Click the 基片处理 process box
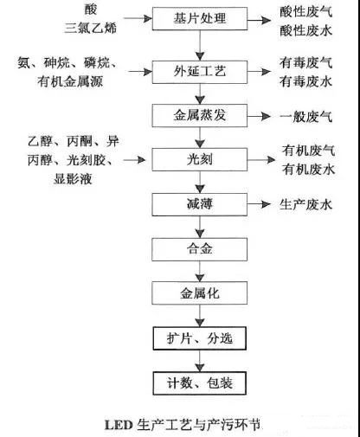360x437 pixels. click(200, 18)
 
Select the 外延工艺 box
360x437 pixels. click(200, 70)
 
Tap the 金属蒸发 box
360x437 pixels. click(200, 115)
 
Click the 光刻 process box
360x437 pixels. click(200, 160)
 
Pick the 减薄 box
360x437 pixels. click(200, 205)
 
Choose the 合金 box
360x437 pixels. click(200, 250)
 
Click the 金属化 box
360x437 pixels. click(200, 294)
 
